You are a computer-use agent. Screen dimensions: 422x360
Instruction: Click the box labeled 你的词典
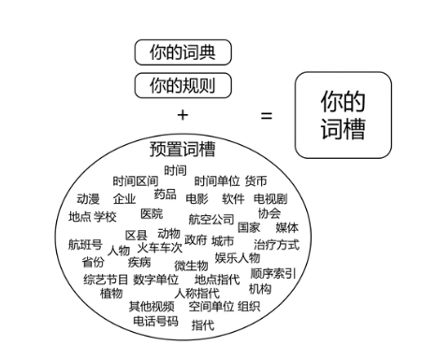pyautogui.click(x=182, y=52)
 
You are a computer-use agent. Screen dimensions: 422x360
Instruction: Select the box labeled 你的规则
pyautogui.click(x=182, y=86)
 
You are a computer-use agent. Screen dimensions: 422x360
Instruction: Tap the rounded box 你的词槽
pyautogui.click(x=342, y=115)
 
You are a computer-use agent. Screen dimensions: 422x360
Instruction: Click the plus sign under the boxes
pyautogui.click(x=182, y=114)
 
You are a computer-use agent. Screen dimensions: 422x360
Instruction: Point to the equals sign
pyautogui.click(x=267, y=116)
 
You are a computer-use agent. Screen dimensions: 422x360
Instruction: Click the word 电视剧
pyautogui.click(x=270, y=199)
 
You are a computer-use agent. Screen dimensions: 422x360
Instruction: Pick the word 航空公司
pyautogui.click(x=211, y=220)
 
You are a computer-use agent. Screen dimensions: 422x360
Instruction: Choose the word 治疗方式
pyautogui.click(x=276, y=244)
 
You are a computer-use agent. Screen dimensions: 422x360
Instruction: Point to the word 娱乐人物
pyautogui.click(x=238, y=258)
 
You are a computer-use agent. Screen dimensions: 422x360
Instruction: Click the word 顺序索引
pyautogui.click(x=273, y=274)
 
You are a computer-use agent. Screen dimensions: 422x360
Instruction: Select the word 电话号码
pyautogui.click(x=155, y=321)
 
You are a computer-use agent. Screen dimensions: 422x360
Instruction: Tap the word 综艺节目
pyautogui.click(x=106, y=280)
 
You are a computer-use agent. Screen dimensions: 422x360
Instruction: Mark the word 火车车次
pyautogui.click(x=160, y=249)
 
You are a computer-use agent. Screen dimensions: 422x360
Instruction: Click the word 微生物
pyautogui.click(x=191, y=266)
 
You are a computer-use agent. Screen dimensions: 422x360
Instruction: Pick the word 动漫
pyautogui.click(x=88, y=199)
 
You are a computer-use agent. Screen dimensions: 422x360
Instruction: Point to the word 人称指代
pyautogui.click(x=197, y=293)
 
